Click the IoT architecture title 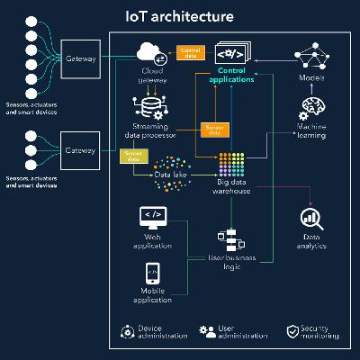[x=179, y=16]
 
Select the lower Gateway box [x=80, y=149]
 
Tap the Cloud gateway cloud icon [x=152, y=54]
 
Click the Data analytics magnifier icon [x=311, y=219]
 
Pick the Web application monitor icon [x=152, y=217]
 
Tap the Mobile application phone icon [x=152, y=271]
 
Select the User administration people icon [x=206, y=331]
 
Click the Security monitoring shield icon [x=292, y=331]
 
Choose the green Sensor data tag [x=132, y=156]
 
